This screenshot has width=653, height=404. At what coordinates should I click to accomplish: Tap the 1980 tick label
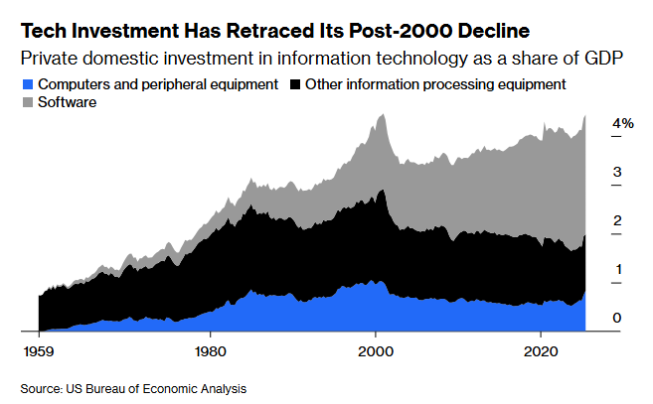tap(209, 352)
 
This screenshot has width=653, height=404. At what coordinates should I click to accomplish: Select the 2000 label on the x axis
tap(375, 352)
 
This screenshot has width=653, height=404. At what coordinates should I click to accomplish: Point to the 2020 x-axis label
tap(540, 352)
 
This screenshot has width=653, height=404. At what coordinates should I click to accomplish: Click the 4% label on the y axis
tap(623, 123)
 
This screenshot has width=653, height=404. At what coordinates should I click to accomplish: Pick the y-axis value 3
tap(617, 172)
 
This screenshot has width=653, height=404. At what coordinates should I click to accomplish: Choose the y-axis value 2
tap(617, 220)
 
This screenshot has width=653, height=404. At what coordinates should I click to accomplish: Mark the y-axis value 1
tap(617, 269)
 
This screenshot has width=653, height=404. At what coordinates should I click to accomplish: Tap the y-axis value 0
tap(617, 318)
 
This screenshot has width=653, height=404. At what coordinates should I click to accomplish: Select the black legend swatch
tap(295, 84)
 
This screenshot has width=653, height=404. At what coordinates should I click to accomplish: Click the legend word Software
tap(66, 101)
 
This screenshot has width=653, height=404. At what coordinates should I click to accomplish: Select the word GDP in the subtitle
tap(602, 58)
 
